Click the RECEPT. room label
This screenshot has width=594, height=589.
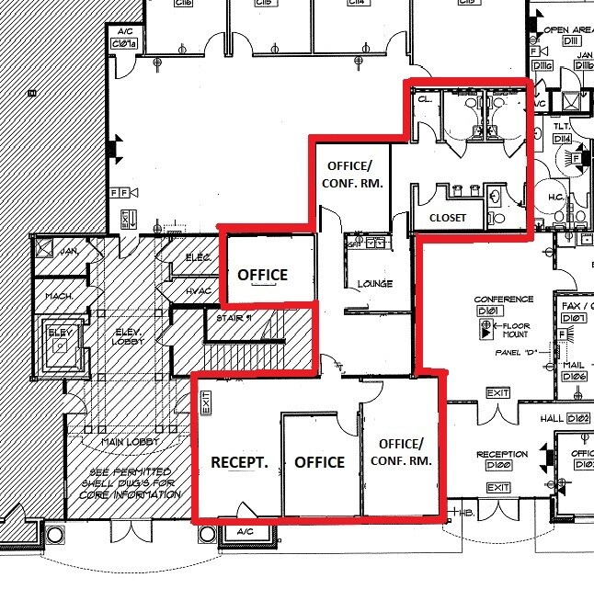(x=238, y=462)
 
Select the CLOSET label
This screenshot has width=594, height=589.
(x=448, y=218)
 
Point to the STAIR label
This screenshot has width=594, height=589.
(x=233, y=319)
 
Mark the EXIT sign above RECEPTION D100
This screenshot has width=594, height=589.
(x=497, y=394)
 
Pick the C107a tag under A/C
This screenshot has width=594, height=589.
(x=123, y=43)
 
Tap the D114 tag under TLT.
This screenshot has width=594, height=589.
(x=562, y=138)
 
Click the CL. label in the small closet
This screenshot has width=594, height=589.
(x=425, y=97)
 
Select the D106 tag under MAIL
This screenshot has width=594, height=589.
(x=575, y=377)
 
